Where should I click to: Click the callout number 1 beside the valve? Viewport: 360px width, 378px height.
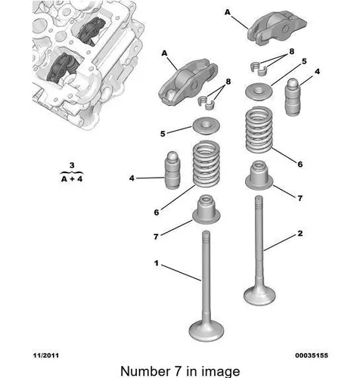point(157,263)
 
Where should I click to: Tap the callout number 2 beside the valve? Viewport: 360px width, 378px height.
point(299,234)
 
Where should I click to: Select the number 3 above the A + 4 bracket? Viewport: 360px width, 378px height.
point(72,166)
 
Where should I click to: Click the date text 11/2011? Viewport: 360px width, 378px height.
point(46,355)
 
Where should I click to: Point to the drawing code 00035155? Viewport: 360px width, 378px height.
point(312,355)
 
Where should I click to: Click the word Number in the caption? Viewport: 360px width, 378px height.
point(145,371)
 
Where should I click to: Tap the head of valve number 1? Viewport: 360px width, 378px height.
point(206,330)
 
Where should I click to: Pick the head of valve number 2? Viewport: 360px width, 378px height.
point(259,296)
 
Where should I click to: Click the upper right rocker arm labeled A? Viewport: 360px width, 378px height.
point(277,27)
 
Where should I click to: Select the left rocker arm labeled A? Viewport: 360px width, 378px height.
point(188,81)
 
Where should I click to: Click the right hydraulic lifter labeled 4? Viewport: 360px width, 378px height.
point(293,98)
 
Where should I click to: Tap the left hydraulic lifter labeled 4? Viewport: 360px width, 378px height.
point(172,170)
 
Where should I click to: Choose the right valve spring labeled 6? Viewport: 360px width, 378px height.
point(259,130)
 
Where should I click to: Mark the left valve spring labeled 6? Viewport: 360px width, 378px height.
point(206,164)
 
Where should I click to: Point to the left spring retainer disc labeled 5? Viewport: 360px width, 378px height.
point(206,125)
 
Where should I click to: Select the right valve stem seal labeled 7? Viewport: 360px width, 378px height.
point(259,175)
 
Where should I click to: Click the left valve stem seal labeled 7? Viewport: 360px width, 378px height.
point(206,209)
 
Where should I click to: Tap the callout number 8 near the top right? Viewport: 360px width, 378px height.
point(292,51)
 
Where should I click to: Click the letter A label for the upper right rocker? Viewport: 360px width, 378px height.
point(228,12)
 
